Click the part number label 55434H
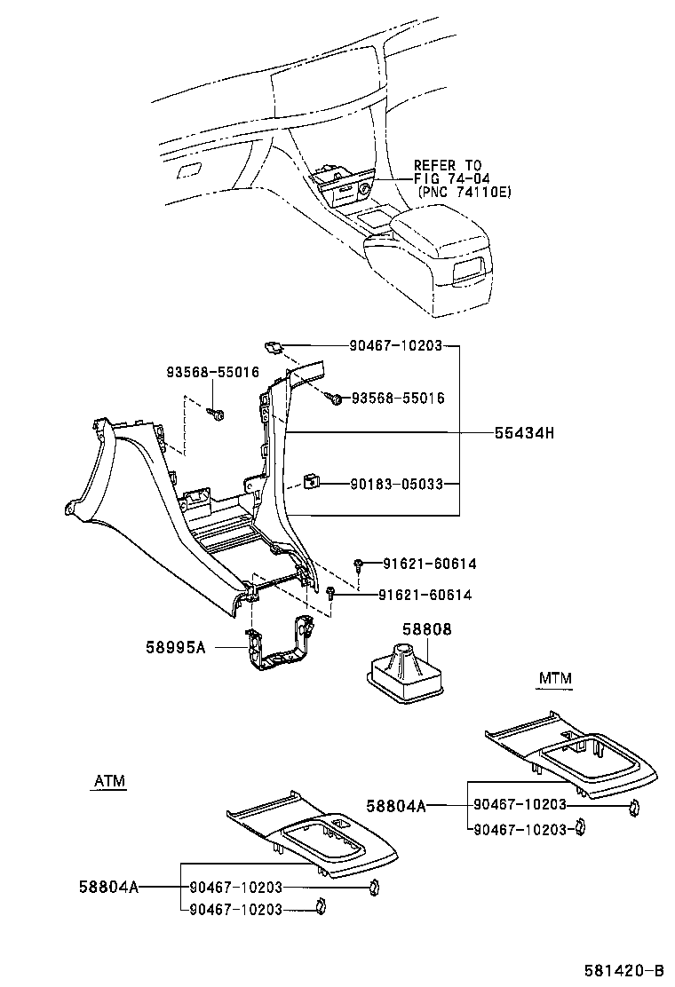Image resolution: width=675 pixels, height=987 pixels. coord(524,432)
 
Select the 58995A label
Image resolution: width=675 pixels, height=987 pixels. coord(176,647)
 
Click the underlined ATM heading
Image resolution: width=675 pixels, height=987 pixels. coord(110,781)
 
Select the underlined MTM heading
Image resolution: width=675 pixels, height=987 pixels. coord(555,679)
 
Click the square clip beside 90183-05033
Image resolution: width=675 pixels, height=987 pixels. coord(310,482)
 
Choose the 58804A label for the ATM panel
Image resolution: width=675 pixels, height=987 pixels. coord(109,887)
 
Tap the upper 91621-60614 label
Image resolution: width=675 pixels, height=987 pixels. coord(429,564)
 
